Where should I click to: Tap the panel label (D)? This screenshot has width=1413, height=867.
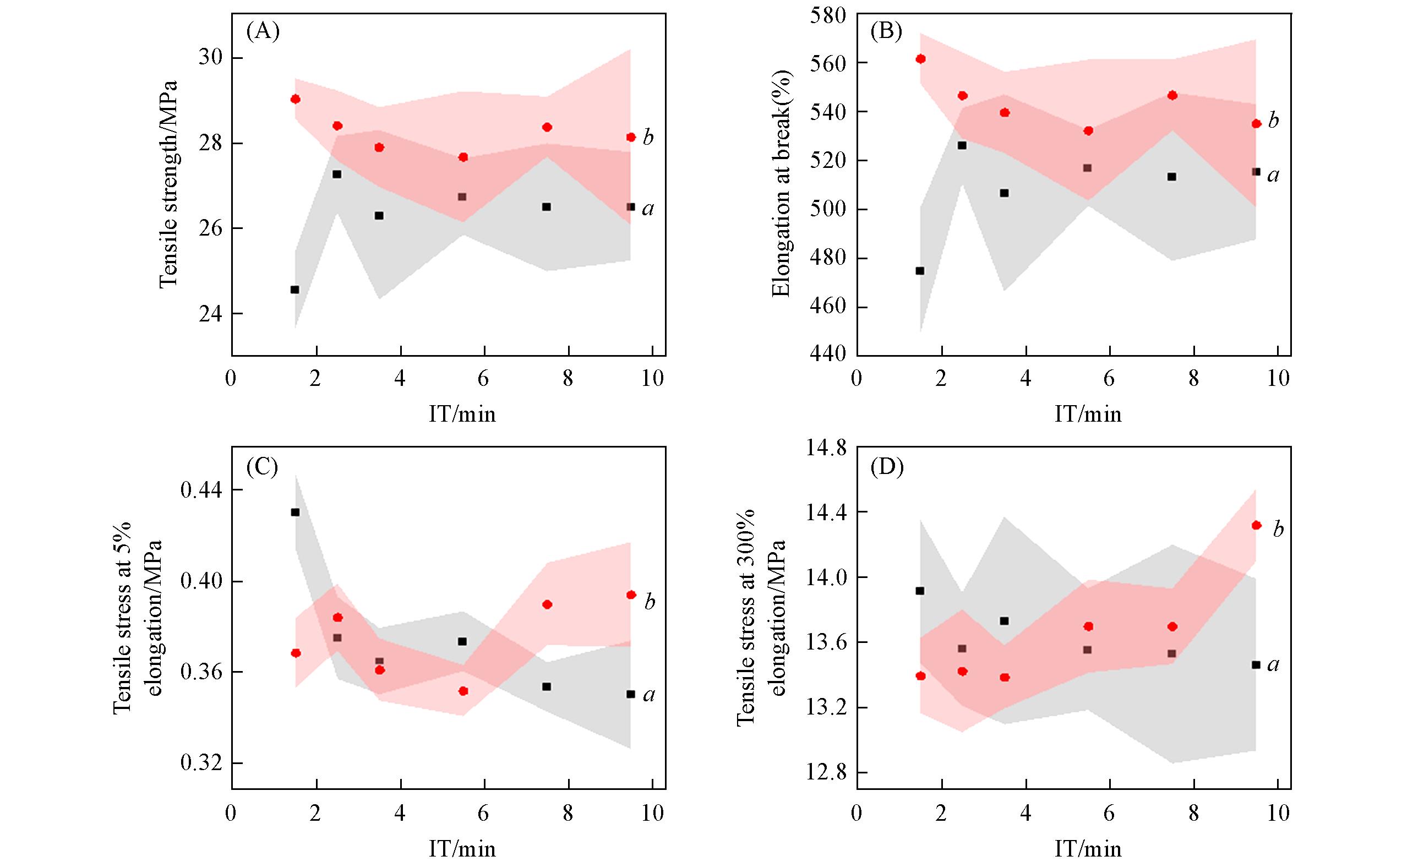click(887, 468)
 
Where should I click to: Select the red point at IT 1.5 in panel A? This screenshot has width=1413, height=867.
click(296, 99)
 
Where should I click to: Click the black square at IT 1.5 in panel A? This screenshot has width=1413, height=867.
click(294, 290)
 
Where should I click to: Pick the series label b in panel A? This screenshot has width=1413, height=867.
click(648, 138)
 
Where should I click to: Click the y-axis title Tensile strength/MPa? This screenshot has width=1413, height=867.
click(167, 184)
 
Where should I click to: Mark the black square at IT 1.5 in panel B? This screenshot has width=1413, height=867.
click(920, 271)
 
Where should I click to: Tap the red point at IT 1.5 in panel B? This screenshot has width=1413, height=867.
click(920, 59)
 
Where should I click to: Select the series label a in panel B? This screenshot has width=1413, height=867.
click(1273, 175)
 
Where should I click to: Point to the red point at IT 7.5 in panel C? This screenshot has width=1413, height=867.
click(547, 604)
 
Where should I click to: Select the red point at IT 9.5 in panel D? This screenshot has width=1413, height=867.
click(1256, 525)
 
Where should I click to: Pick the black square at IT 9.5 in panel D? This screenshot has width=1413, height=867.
click(1256, 665)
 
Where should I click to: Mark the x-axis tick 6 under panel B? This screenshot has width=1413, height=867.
click(1109, 380)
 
